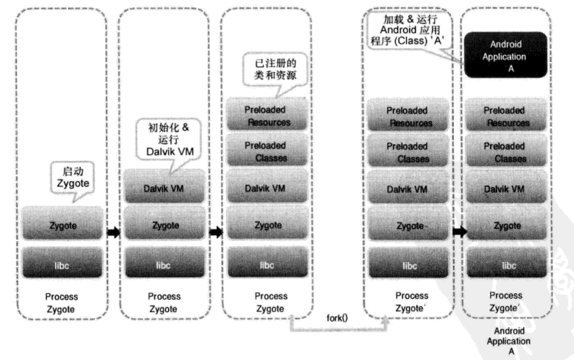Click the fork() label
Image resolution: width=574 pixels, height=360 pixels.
coord(339,319)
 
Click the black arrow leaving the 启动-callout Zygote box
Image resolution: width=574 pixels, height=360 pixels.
coord(113,233)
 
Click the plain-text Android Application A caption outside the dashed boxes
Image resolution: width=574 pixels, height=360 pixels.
coord(508,342)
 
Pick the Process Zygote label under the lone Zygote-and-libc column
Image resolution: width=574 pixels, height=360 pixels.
coord(61,303)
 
